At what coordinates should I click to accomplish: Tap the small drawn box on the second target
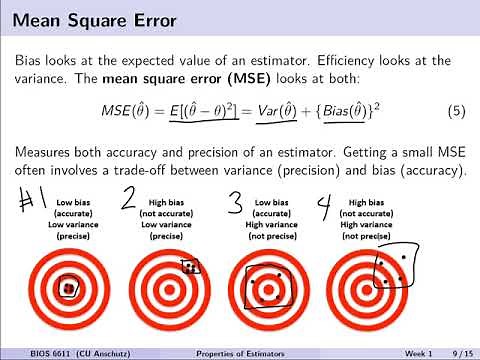click(x=190, y=267)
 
